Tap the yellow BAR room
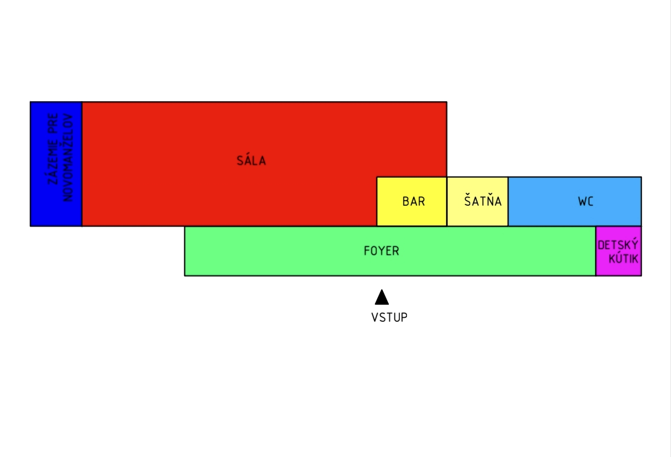coord(411,201)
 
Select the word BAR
coord(414,201)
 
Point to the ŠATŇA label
coord(483,200)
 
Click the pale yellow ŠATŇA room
coord(477,201)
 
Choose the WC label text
coord(586,201)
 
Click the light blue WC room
coord(575,201)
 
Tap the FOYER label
coord(381,251)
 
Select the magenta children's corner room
coord(619,251)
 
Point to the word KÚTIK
coord(623,257)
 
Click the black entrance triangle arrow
coord(382,298)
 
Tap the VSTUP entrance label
coord(389,317)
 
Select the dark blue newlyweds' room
coord(56,164)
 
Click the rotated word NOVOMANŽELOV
coord(68,157)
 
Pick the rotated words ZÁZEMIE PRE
coord(53,149)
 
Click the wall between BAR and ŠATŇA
coord(447,201)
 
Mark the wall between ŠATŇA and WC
coord(508,201)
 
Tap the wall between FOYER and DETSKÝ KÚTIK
coord(596,251)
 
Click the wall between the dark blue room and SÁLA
coord(82,164)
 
